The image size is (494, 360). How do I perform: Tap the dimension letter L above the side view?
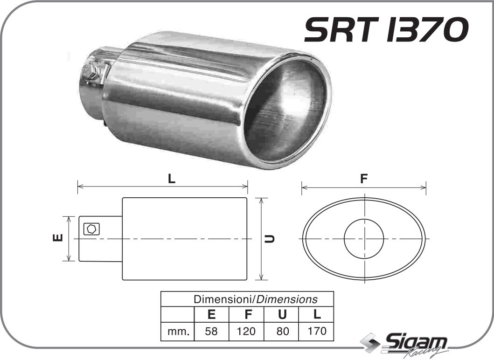(x=172, y=179)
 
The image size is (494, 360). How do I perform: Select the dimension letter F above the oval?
(x=364, y=179)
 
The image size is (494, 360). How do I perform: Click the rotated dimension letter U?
(x=270, y=239)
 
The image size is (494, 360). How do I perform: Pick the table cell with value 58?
(x=211, y=332)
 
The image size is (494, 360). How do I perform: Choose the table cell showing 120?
(x=246, y=332)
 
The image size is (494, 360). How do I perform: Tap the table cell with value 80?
(x=282, y=332)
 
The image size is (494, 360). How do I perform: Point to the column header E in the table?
(x=211, y=314)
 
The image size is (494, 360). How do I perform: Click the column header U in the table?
(x=282, y=314)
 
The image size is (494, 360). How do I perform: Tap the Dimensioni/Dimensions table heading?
(x=255, y=299)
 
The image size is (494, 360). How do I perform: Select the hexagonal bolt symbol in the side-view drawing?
(x=91, y=229)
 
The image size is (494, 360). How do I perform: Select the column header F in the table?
(x=246, y=314)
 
